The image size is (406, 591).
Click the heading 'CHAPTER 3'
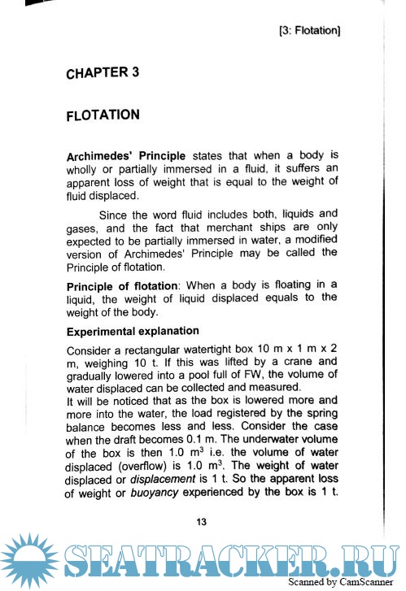(103, 73)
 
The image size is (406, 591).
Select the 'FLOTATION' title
(103, 115)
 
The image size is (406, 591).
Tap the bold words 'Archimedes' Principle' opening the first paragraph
(126, 154)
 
